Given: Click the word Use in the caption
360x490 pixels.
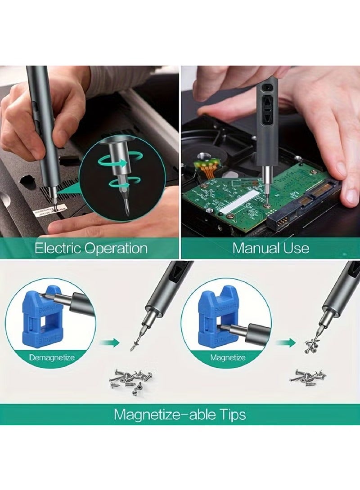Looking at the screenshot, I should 297,248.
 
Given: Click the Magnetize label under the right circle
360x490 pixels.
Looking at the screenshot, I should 228,357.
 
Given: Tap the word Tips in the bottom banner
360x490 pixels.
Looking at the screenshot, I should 231,414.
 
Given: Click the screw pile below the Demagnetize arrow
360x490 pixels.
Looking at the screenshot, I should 130,380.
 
